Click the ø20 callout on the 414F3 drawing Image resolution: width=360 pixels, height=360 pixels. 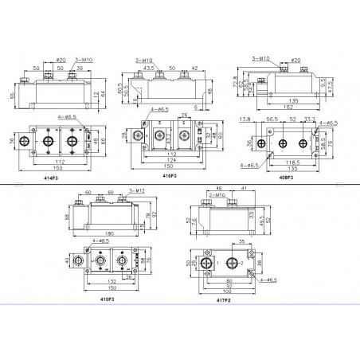pos(61,60)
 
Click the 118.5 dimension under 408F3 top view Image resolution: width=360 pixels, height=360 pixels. pos(284,161)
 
